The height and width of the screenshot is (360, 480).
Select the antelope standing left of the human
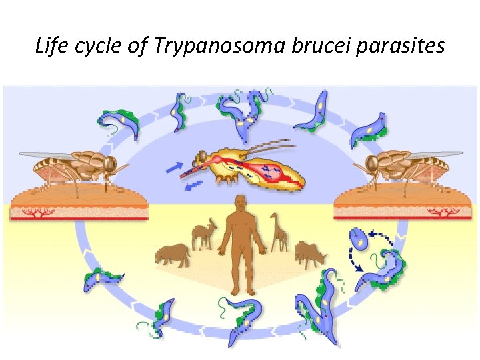pyautogui.click(x=203, y=233)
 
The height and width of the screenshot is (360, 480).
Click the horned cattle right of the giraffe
pyautogui.click(x=309, y=253)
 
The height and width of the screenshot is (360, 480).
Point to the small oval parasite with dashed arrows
pyautogui.click(x=359, y=239)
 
